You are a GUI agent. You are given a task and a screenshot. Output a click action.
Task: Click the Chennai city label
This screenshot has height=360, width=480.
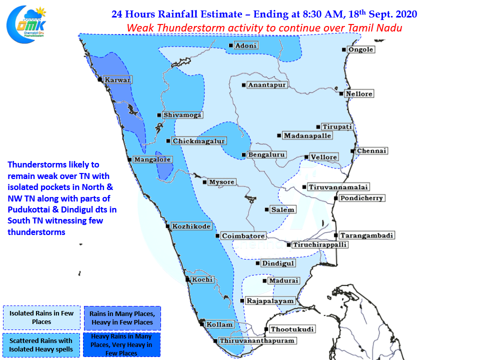click(x=372, y=151)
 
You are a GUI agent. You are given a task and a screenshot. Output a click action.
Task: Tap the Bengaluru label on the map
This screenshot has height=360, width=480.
click(x=266, y=155)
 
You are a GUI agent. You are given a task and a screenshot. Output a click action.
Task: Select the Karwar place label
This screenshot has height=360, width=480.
click(x=117, y=80)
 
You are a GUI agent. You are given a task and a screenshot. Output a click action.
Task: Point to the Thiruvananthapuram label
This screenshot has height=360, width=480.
click(x=257, y=340)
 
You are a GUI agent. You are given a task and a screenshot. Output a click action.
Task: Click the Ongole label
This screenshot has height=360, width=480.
click(x=361, y=49)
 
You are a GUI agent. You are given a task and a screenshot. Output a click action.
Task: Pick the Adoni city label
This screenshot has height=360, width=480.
click(x=246, y=45)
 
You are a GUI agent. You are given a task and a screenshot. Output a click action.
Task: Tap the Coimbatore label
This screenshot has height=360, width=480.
click(x=243, y=236)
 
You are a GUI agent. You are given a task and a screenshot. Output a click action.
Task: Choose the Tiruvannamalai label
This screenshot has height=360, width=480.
click(x=338, y=187)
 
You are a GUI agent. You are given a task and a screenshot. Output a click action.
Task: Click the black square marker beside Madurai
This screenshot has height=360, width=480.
click(x=265, y=280)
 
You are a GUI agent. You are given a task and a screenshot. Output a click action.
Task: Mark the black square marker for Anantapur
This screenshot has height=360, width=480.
click(x=243, y=85)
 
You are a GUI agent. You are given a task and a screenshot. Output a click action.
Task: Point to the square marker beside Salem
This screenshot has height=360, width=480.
click(x=266, y=209)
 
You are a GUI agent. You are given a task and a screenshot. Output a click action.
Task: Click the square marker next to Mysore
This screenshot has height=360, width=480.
click(x=204, y=182)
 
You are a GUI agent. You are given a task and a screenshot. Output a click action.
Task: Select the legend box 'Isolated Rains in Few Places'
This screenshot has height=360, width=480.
click(x=41, y=317)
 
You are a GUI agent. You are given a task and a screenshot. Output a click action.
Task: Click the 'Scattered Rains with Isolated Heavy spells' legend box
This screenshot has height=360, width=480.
click(x=41, y=345)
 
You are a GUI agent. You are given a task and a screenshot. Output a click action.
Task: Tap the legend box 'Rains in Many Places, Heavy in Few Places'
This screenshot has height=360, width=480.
click(x=122, y=318)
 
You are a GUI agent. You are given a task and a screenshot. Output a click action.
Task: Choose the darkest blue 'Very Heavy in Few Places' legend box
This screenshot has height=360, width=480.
click(x=122, y=344)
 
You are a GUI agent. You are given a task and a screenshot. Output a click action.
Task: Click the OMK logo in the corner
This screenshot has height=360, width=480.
click(x=26, y=24)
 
